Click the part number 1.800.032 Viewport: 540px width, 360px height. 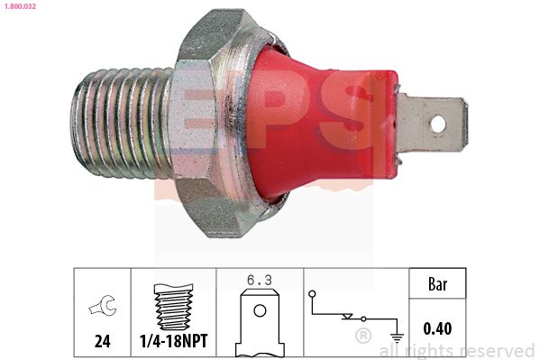click(19, 6)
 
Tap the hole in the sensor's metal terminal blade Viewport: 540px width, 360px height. click(437, 121)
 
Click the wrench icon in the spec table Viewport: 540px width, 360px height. click(101, 308)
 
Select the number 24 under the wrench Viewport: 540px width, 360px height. click(101, 342)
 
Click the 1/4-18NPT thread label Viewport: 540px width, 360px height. click(174, 342)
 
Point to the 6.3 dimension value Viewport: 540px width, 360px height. click(259, 281)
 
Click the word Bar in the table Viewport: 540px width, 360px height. click(436, 284)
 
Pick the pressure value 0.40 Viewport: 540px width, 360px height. click(436, 329)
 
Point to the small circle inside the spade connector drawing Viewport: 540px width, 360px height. click(260, 311)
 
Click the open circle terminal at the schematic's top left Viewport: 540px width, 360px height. click(312, 293)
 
